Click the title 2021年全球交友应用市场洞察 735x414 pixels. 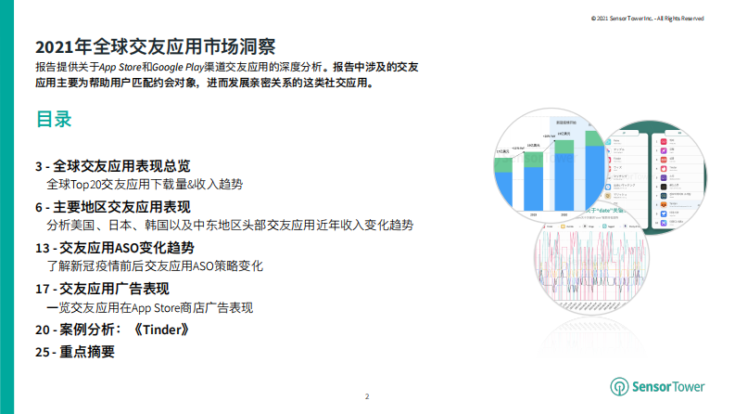(x=155, y=47)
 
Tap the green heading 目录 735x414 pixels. (x=54, y=120)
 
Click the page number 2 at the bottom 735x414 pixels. (x=367, y=397)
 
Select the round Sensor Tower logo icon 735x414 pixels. (x=619, y=386)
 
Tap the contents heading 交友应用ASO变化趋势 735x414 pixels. (x=129, y=248)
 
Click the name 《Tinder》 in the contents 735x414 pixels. (x=162, y=330)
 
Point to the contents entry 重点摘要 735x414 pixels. (x=87, y=352)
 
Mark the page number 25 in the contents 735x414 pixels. (x=42, y=352)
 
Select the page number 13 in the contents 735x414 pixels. (x=42, y=248)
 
